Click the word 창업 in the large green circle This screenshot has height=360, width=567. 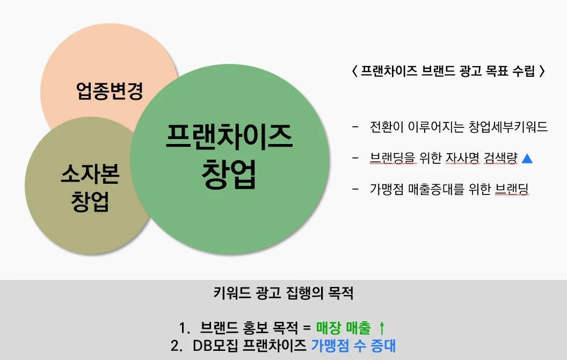tap(229, 174)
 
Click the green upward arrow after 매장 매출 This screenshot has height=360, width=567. tap(382, 327)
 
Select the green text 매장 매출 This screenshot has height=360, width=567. tap(343, 327)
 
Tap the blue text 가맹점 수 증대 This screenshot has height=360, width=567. tap(353, 345)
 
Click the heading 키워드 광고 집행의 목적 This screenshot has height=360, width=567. tap(283, 294)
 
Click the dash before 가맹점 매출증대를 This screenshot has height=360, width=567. tap(355, 189)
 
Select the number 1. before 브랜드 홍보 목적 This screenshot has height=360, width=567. tap(185, 327)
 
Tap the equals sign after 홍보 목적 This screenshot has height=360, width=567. tap(306, 327)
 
